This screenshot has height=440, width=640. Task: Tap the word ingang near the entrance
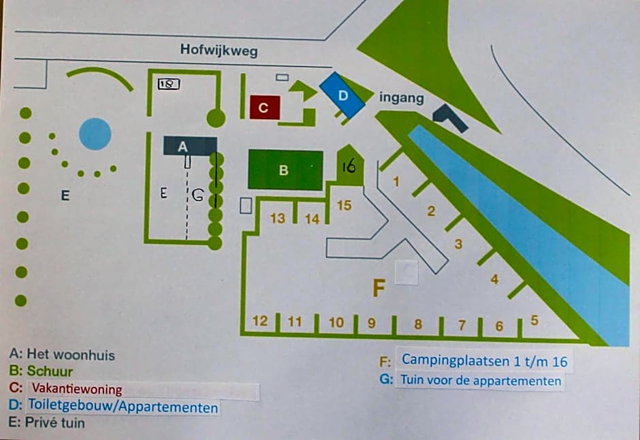pos(402,98)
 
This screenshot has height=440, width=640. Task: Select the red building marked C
pos(265,108)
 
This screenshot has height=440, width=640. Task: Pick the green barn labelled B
pos(285,170)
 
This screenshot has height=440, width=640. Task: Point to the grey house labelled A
pos(189,146)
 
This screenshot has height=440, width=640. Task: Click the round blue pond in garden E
pos(95,134)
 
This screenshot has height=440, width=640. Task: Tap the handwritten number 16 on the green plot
pos(349,166)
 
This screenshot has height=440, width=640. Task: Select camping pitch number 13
pos(278,219)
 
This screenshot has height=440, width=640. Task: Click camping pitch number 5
pos(534,319)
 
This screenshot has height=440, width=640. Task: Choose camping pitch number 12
pos(260,321)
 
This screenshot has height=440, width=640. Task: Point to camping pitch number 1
pos(396,182)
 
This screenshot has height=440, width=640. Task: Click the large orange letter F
pos(379,288)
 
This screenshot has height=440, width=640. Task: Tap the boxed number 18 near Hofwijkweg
pos(168,84)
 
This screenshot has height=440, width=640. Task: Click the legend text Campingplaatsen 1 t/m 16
pos(484,360)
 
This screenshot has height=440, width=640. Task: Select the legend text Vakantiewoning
pos(76,390)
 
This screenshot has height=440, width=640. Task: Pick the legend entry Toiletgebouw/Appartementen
pos(123,407)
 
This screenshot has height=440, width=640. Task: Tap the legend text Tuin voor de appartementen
pos(480,380)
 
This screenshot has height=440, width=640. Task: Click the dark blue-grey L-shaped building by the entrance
pos(450,118)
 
